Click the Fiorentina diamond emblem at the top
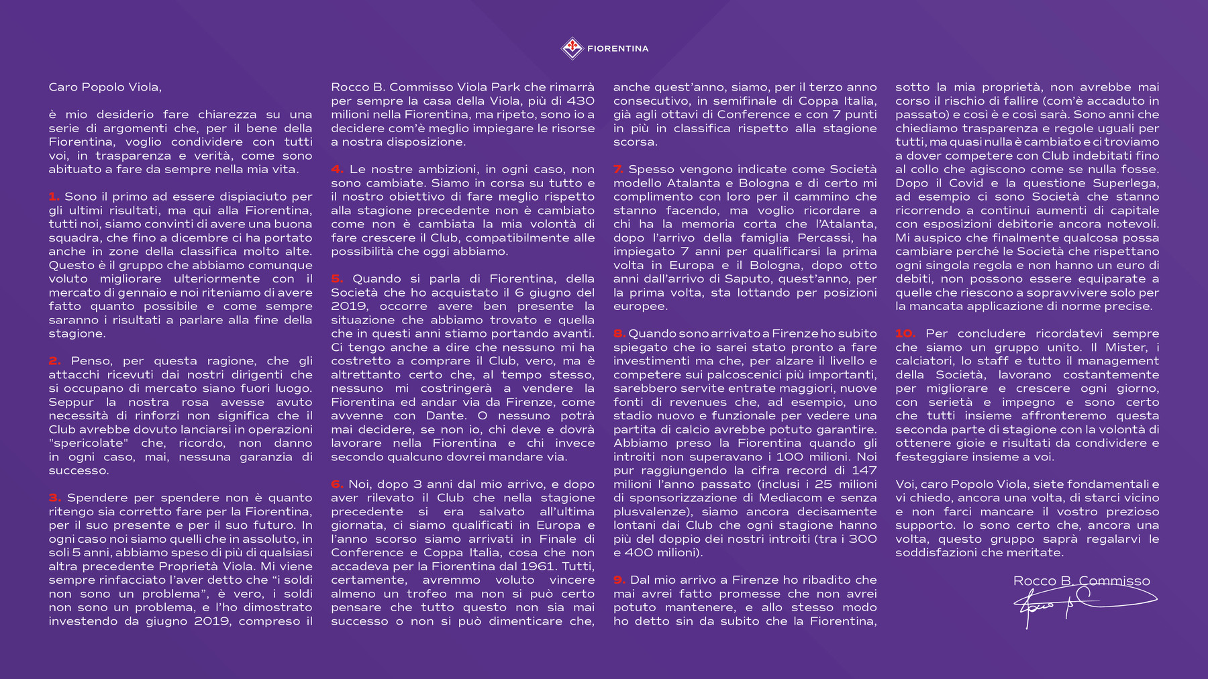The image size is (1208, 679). (x=572, y=48)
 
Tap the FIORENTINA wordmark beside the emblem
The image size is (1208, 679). (x=617, y=48)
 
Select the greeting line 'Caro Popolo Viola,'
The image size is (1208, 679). (x=105, y=87)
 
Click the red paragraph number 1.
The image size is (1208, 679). (x=54, y=197)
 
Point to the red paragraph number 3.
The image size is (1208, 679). (x=54, y=498)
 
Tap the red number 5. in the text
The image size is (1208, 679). (x=337, y=278)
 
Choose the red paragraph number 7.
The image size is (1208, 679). (x=618, y=169)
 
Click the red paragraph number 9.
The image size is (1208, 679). (x=619, y=580)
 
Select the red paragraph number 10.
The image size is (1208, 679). (x=905, y=333)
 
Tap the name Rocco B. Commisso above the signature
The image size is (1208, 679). (x=1081, y=581)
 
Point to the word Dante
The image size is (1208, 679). (x=446, y=415)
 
